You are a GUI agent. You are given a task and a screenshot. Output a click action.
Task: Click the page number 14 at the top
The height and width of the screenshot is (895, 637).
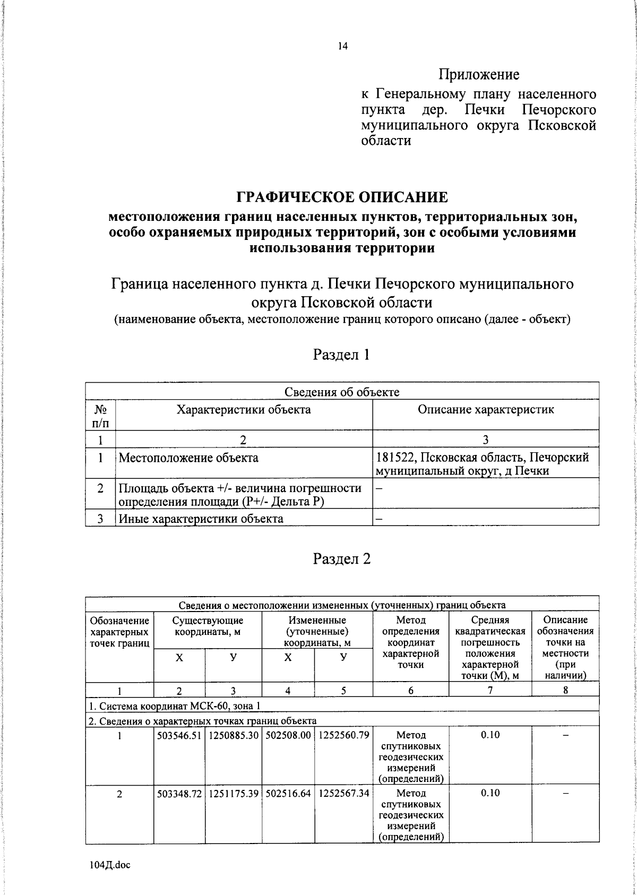[x=342, y=47]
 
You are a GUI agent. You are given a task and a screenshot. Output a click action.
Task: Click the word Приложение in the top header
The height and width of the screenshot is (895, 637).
[x=478, y=74]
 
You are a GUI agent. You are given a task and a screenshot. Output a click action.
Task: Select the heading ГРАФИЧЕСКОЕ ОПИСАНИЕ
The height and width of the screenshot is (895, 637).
[x=342, y=197]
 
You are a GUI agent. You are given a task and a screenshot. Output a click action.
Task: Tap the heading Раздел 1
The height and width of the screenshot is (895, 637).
[x=341, y=355]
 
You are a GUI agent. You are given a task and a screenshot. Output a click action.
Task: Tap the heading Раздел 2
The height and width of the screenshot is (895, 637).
[x=341, y=559]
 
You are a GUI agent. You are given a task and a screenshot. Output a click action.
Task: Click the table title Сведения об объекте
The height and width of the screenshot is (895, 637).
[x=342, y=392]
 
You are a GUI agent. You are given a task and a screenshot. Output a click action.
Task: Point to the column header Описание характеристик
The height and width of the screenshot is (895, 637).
[x=485, y=409]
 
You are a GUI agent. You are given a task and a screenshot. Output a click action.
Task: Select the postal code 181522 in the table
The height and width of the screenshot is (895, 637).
[x=395, y=458]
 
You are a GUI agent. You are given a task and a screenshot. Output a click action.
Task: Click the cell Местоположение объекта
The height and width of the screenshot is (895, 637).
[x=188, y=458]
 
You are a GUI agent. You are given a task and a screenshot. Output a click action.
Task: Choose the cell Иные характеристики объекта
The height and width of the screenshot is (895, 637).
[x=201, y=519]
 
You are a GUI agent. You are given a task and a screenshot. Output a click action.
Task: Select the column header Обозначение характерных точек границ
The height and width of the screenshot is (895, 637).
[x=119, y=632]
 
